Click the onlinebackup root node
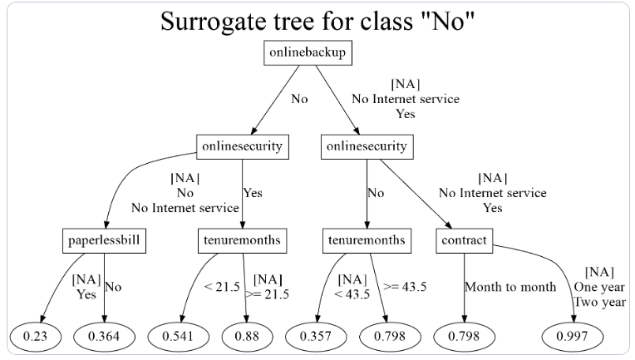[x=308, y=52]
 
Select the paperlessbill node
[x=104, y=241]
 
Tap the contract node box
[x=464, y=241]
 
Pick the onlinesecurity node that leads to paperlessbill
[x=243, y=146]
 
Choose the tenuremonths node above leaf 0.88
[x=242, y=241]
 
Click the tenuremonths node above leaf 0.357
[x=367, y=241]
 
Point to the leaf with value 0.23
[x=35, y=336]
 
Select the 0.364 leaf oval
[x=104, y=336]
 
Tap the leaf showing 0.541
[x=178, y=336]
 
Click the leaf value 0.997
[x=572, y=336]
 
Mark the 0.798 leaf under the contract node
[x=464, y=336]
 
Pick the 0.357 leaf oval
[x=316, y=336]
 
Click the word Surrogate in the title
[x=214, y=22]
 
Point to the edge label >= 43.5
[x=405, y=287]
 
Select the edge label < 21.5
[x=222, y=287]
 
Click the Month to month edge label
[x=510, y=287]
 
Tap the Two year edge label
[x=600, y=302]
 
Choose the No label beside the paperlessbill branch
[x=113, y=287]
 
